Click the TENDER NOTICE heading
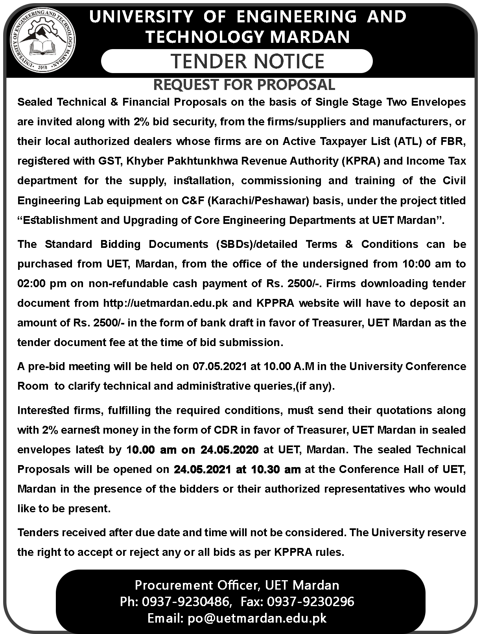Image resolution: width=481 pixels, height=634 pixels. (248, 61)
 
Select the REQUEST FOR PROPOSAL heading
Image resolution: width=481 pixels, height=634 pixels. (244, 84)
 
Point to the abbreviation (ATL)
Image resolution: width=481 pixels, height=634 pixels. (407, 141)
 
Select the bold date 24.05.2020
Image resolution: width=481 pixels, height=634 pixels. (229, 449)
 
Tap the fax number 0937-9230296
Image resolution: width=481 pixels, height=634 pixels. (311, 601)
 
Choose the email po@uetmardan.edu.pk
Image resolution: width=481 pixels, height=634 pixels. (257, 618)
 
